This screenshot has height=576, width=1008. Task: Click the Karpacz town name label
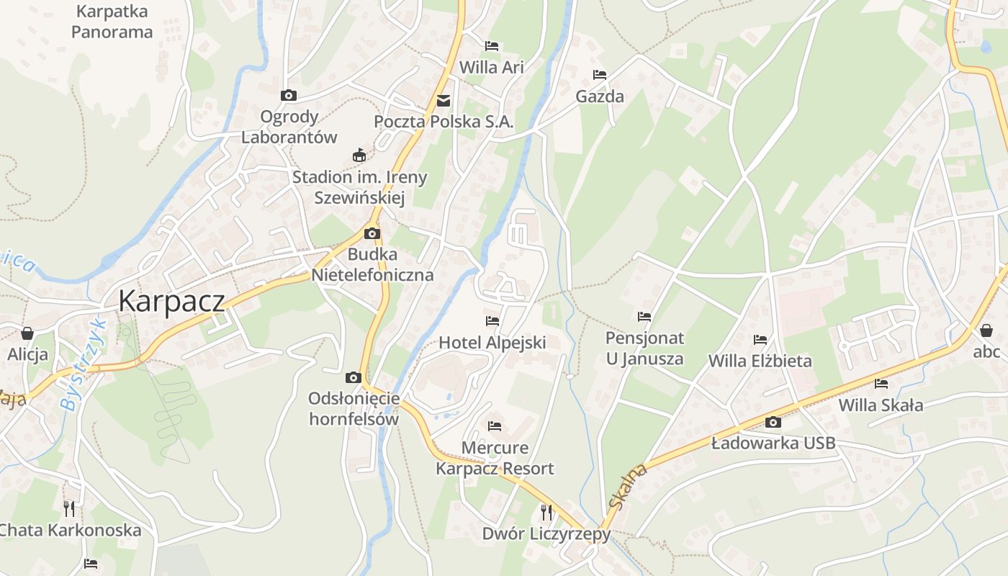pyautogui.click(x=171, y=300)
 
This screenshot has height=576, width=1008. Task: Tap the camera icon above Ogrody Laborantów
pyautogui.click(x=288, y=95)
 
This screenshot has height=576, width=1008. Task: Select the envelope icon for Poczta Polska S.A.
pyautogui.click(x=444, y=101)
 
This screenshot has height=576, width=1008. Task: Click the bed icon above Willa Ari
pyautogui.click(x=492, y=46)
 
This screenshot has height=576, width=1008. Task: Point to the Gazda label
pyautogui.click(x=600, y=96)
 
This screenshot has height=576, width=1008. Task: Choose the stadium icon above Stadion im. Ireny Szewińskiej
pyautogui.click(x=359, y=155)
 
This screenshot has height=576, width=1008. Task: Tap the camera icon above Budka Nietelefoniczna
pyautogui.click(x=372, y=233)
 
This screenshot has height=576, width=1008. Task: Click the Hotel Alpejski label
pyautogui.click(x=492, y=343)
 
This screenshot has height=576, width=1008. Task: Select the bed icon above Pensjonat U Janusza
pyautogui.click(x=644, y=316)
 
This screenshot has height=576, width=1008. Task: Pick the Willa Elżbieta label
pyautogui.click(x=760, y=361)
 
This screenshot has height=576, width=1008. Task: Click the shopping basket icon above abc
pyautogui.click(x=986, y=330)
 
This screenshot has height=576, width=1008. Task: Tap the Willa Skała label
pyautogui.click(x=881, y=405)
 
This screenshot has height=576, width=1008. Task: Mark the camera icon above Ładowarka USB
pyautogui.click(x=773, y=422)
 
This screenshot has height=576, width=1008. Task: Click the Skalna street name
pyautogui.click(x=629, y=487)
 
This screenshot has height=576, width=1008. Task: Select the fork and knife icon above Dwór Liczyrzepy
pyautogui.click(x=546, y=512)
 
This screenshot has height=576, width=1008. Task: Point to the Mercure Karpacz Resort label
pyautogui.click(x=495, y=458)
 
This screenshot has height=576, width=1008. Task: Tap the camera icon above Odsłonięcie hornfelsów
pyautogui.click(x=353, y=377)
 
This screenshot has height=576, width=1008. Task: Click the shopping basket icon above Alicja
pyautogui.click(x=27, y=333)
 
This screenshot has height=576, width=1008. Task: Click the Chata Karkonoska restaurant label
pyautogui.click(x=70, y=531)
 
